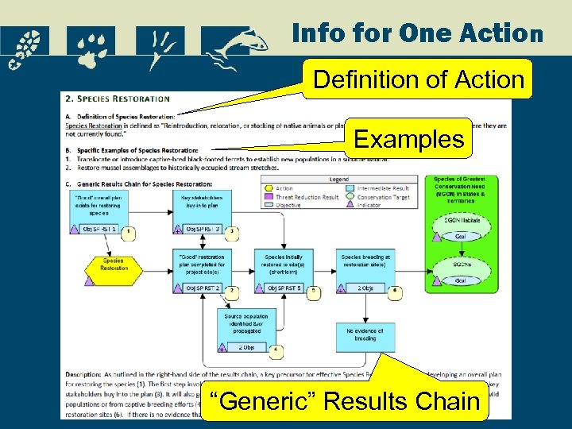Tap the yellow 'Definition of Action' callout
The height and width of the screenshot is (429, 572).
coord(419,79)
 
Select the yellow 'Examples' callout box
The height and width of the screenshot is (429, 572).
coord(408,139)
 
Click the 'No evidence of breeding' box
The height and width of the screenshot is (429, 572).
coord(365,334)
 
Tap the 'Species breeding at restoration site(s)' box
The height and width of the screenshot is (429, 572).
coord(365,261)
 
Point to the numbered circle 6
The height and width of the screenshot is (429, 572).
coord(396,291)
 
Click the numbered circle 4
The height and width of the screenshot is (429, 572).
coord(275,349)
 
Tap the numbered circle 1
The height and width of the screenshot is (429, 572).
coord(129,232)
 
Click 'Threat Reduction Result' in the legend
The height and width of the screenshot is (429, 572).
coord(306,197)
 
